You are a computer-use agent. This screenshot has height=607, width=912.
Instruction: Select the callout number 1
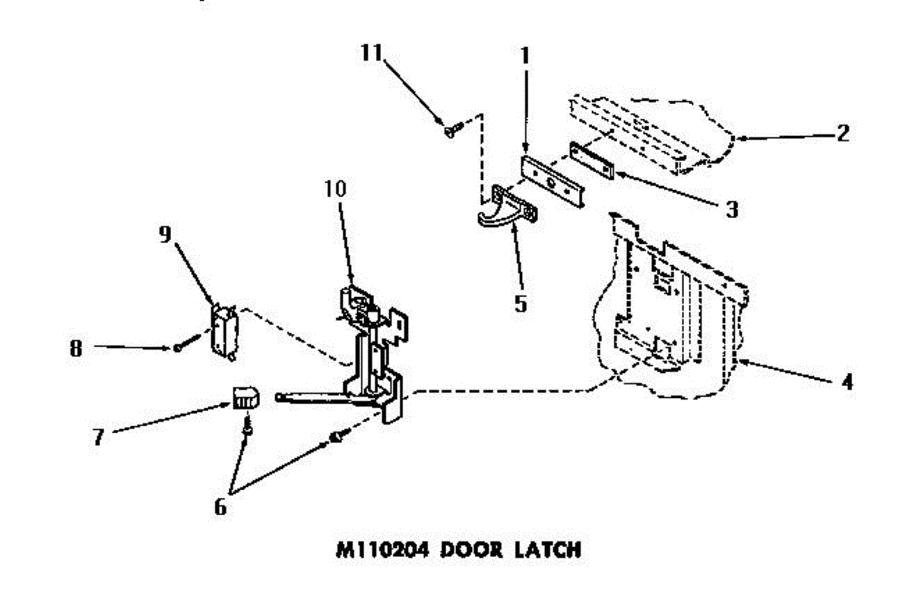(525, 55)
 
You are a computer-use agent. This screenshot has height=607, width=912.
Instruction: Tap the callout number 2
(841, 134)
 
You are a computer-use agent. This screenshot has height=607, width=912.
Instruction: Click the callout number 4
(846, 381)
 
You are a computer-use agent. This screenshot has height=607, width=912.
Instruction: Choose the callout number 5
(520, 302)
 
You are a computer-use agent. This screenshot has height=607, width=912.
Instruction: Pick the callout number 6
(220, 507)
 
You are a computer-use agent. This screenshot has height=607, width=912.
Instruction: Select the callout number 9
(165, 235)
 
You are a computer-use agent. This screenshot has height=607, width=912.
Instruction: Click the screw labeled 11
(449, 131)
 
